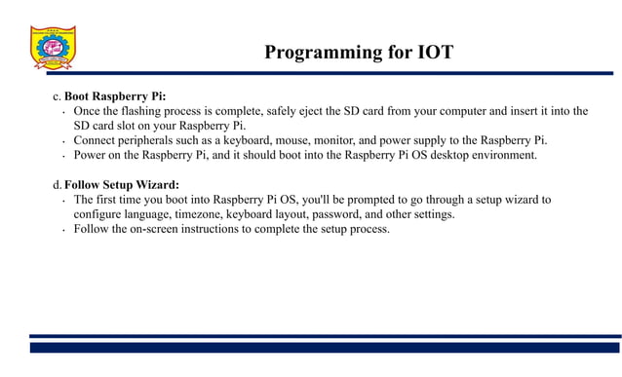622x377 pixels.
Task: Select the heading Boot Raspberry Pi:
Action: tap(115, 96)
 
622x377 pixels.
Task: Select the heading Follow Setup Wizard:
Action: tap(122, 185)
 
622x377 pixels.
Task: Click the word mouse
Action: tap(300, 140)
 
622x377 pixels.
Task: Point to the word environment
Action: tap(505, 155)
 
